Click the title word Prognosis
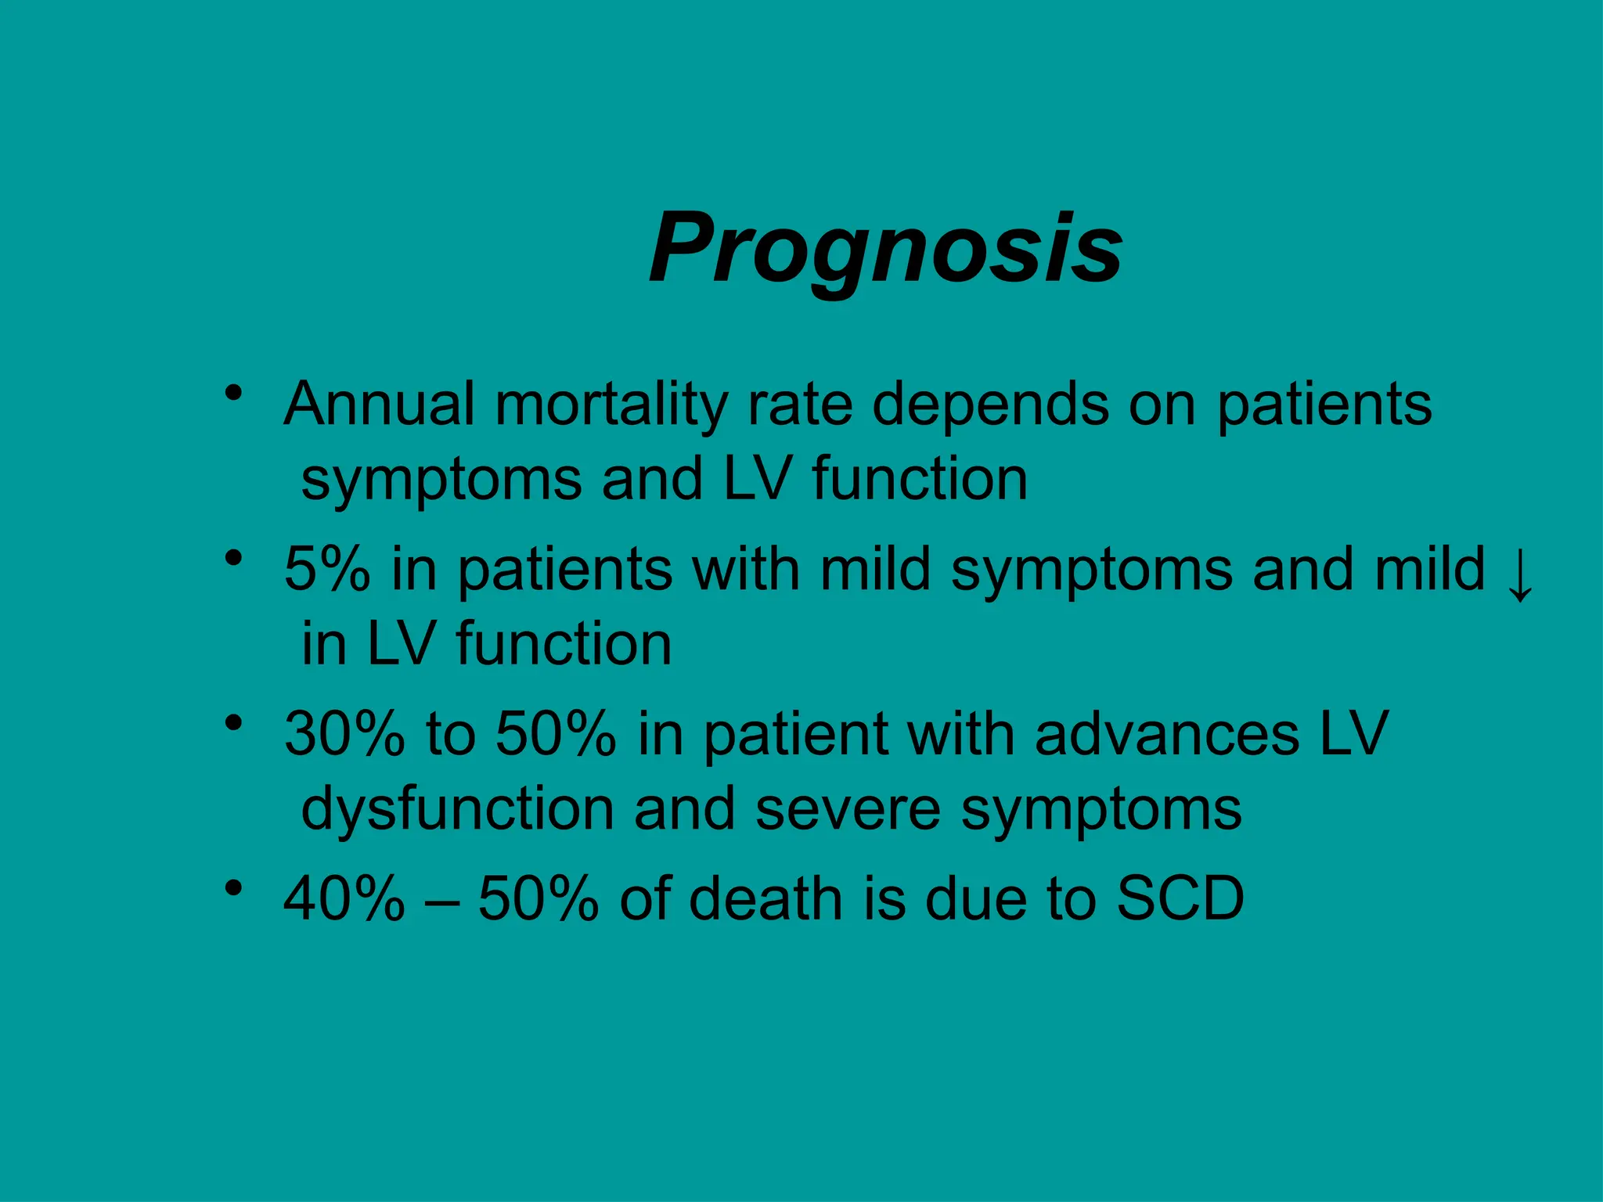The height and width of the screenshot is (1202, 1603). point(885,248)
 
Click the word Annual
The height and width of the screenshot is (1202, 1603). point(380,404)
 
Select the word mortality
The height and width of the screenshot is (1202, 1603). point(611,404)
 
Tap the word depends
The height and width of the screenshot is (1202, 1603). point(990,404)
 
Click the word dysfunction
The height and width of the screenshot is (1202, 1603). point(458,808)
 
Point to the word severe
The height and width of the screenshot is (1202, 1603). point(848,808)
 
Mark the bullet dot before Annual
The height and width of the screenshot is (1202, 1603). point(232,392)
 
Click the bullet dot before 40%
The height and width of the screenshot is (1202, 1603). point(232,887)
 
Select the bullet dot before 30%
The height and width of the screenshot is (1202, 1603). point(232,722)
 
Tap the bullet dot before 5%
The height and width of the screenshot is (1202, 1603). point(232,558)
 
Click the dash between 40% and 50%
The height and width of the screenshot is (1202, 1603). point(441,901)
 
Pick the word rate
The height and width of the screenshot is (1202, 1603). point(800,404)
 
